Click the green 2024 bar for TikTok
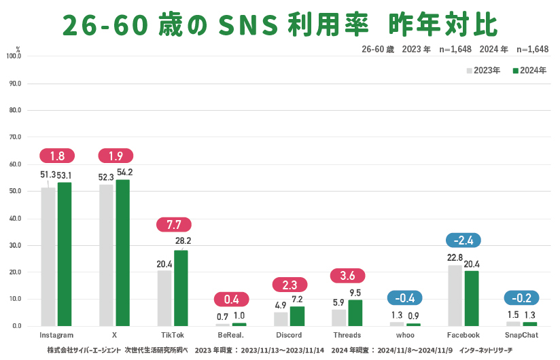(x=181, y=288)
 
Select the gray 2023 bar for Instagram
(x=48, y=257)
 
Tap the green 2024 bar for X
(x=122, y=253)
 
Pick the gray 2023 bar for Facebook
(x=455, y=295)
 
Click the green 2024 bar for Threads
(x=355, y=313)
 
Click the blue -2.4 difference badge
(x=463, y=239)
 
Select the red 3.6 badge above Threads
(x=347, y=276)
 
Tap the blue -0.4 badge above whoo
(x=404, y=298)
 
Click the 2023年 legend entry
(x=483, y=71)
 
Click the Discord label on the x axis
(x=290, y=336)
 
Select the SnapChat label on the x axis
(x=521, y=336)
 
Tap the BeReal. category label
(x=231, y=336)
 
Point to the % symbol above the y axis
(x=18, y=49)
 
